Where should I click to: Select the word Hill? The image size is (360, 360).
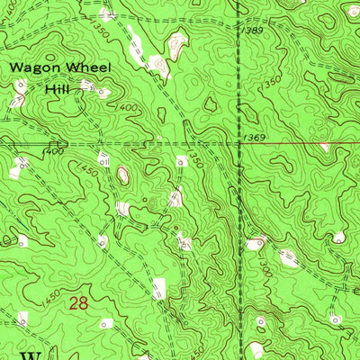click(x=58, y=88)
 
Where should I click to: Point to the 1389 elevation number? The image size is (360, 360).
click(x=254, y=31)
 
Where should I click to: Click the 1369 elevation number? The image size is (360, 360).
click(x=255, y=137)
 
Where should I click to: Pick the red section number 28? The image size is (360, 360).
click(x=79, y=304)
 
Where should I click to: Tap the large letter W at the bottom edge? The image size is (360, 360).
click(x=31, y=355)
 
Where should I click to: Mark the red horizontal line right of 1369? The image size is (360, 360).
click(x=306, y=142)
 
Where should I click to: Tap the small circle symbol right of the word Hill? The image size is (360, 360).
click(x=103, y=91)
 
